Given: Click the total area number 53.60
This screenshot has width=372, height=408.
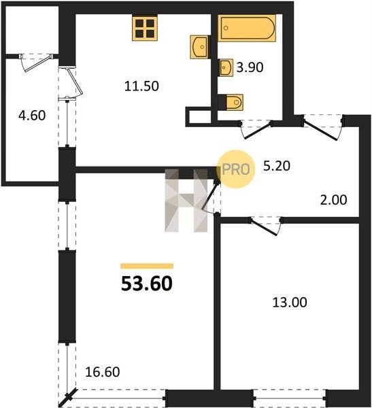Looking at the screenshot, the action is (147, 284).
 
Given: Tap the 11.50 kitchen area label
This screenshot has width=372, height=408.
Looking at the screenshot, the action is (141, 86).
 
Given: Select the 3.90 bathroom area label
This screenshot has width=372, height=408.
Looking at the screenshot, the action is (250, 67).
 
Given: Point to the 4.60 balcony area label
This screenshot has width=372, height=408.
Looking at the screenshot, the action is (32, 116).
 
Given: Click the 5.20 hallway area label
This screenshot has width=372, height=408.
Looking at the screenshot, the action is (277, 166).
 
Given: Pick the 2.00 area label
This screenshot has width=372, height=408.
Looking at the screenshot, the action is (333, 200).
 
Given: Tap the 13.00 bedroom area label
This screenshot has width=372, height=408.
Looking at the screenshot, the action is (290, 303).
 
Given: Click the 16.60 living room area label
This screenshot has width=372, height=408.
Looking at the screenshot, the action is (103, 372).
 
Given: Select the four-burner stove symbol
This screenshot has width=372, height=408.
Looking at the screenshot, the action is (145, 29).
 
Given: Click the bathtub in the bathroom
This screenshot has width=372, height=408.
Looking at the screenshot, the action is (247, 28).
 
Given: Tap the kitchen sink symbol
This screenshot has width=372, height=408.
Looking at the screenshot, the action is (200, 47).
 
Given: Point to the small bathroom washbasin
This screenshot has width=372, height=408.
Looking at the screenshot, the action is (226, 67).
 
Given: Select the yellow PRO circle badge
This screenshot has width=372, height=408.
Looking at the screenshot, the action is (236, 169).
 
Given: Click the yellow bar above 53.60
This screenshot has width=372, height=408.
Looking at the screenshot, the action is (147, 266).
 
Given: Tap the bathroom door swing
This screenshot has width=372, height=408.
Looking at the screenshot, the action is (256, 130).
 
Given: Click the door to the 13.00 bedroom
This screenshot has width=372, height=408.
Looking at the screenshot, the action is (265, 226).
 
